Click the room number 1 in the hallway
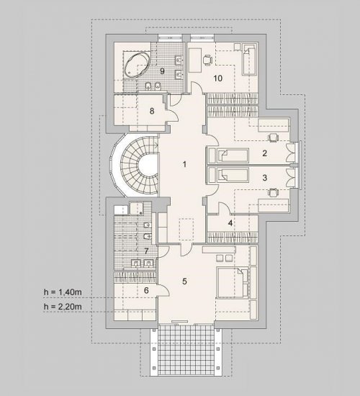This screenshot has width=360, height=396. click(184, 164)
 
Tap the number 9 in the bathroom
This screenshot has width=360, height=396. click(162, 71)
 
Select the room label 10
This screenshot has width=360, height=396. click(218, 78)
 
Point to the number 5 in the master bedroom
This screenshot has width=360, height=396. click(184, 281)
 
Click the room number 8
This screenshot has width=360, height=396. click(152, 111)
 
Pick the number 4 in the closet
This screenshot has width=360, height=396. click(230, 223)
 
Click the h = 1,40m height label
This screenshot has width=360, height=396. click(63, 292)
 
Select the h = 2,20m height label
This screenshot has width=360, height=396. click(63, 307)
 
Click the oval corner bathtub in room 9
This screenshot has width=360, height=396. click(137, 65)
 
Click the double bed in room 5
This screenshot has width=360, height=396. click(233, 283)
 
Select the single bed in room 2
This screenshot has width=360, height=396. click(233, 156)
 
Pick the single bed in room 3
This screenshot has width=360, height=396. click(233, 175)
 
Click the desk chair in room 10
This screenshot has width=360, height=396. click(207, 60)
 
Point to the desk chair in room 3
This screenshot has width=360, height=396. click(273, 192)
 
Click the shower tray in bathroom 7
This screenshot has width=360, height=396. click(136, 208)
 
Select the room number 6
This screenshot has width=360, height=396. click(146, 290)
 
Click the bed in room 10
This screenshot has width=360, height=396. click(249, 59)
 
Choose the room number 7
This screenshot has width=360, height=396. click(146, 251)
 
